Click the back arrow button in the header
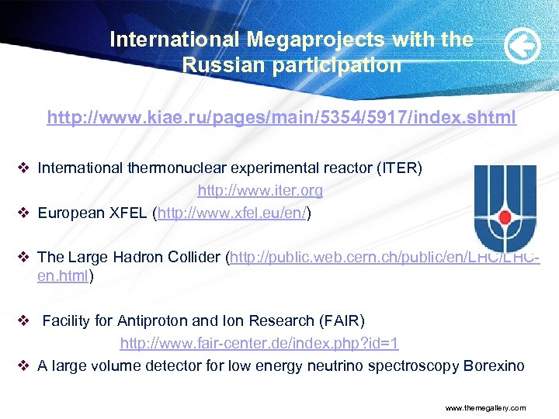[x=522, y=48]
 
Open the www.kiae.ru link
[x=281, y=118]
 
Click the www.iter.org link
[x=260, y=190]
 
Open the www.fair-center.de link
[x=259, y=342]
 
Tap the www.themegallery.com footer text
[x=485, y=407]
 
